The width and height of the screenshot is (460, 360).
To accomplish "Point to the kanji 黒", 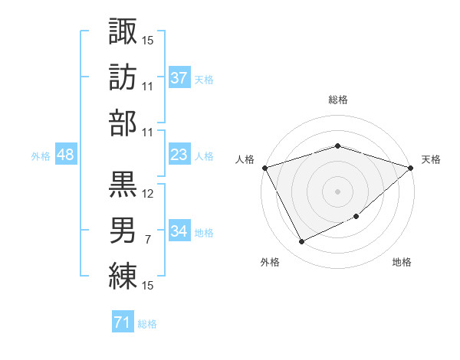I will click(x=123, y=184).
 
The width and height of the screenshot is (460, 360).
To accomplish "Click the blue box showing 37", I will click(x=179, y=77).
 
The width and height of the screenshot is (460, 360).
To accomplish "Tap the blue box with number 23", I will click(x=179, y=155).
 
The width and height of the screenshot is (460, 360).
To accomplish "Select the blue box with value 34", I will click(x=179, y=231).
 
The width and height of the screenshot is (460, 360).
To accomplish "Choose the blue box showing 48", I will click(x=66, y=155).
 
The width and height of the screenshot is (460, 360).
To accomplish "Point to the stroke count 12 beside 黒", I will click(x=148, y=194).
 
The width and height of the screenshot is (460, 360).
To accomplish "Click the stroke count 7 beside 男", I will click(x=148, y=240).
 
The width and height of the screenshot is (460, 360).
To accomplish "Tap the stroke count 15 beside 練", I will click(x=148, y=286).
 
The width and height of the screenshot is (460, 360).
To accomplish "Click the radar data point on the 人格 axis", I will click(x=264, y=167).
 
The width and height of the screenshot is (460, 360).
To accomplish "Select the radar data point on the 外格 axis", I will click(x=301, y=242).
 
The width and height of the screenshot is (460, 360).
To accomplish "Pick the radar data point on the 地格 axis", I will click(x=357, y=218).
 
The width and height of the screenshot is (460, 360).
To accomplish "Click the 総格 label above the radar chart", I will click(x=338, y=100).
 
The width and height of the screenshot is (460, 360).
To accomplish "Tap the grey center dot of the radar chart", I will click(x=338, y=191).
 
